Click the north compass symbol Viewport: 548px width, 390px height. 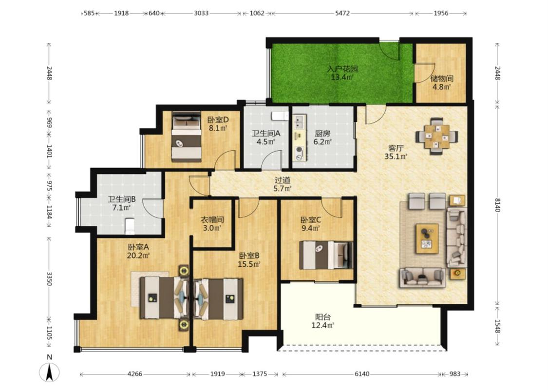point(49,371)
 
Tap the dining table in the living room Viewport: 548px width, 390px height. point(437,136)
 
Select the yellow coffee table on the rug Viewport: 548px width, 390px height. point(427,238)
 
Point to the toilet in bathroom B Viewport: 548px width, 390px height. point(130,226)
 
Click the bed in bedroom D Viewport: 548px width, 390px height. point(187,137)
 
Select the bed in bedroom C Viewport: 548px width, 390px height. point(326,255)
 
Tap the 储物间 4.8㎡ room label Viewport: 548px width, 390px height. point(442,82)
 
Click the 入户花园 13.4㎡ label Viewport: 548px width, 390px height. point(342,73)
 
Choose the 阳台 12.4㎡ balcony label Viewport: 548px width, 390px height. point(323,321)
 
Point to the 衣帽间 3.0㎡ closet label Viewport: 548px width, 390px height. point(212,224)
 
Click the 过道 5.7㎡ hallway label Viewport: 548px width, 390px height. point(283,184)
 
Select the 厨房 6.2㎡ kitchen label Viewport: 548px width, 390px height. point(322,137)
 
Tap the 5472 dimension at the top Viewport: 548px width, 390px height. point(342,13)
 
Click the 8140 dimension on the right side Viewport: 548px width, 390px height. point(498,205)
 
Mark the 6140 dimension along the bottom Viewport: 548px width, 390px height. point(362,374)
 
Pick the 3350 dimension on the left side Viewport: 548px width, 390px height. point(49,278)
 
